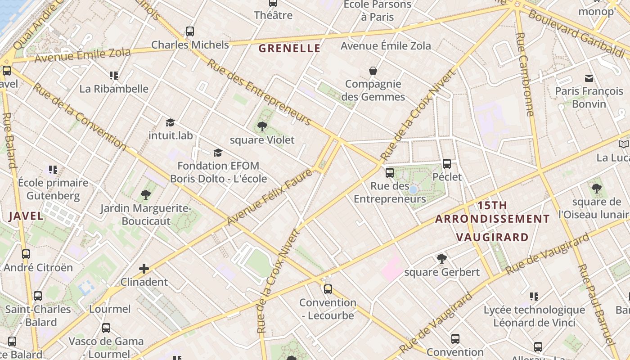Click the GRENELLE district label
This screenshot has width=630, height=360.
[x=289, y=48]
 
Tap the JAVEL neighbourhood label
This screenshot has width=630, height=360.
[x=26, y=216]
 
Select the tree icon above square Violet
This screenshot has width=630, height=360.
[x=262, y=126]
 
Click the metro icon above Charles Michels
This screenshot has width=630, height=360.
[x=190, y=31]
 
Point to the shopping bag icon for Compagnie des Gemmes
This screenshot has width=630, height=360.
[x=373, y=71]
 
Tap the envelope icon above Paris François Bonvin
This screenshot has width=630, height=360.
[x=589, y=78]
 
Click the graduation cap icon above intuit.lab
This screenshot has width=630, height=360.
[x=170, y=122]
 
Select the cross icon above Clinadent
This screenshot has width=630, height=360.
[x=144, y=269]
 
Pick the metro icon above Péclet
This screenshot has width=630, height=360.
[x=447, y=164]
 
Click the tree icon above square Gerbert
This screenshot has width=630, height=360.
[x=442, y=259]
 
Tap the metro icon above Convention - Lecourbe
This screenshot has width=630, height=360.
[x=328, y=289]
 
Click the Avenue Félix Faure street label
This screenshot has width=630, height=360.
[x=270, y=197]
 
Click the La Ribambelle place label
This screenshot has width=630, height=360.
[x=114, y=89]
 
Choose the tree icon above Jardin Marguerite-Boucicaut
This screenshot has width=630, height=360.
[x=145, y=195]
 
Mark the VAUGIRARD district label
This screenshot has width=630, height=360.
[x=492, y=237]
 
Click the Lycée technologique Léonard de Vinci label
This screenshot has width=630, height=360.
[x=534, y=316]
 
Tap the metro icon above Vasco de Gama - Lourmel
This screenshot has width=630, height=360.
[x=106, y=328]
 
